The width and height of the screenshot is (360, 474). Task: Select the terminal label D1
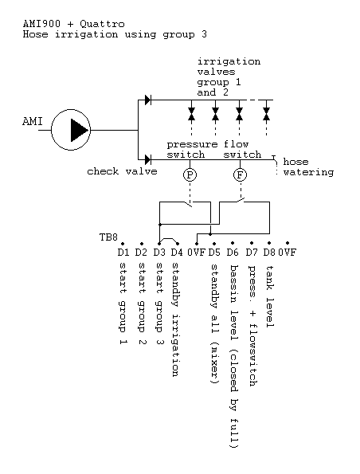(x=123, y=252)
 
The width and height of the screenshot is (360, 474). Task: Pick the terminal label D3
(x=159, y=252)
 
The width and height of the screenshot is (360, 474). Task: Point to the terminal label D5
(x=214, y=252)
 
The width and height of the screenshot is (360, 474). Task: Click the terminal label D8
(x=269, y=252)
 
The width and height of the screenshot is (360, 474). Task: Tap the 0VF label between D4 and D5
(x=197, y=252)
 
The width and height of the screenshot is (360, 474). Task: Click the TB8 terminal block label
(x=108, y=237)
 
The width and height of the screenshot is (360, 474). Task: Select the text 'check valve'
(x=122, y=171)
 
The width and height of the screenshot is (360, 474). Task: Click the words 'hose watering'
(x=308, y=166)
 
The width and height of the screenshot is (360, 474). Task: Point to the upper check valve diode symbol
(x=148, y=100)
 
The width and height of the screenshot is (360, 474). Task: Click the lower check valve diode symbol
(x=148, y=159)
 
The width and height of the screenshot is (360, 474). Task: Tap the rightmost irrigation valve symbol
(x=266, y=114)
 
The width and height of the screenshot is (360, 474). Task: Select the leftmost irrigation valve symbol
(x=191, y=114)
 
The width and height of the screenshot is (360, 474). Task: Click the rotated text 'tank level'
(x=270, y=296)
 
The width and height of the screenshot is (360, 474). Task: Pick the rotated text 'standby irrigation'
(x=175, y=319)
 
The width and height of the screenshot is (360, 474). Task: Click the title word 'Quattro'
(x=102, y=24)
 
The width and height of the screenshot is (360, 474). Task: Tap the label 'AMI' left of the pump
(x=33, y=122)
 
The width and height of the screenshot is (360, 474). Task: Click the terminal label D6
(x=233, y=252)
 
